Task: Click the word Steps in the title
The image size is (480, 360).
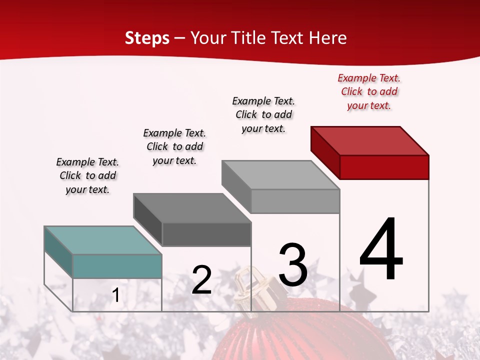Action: (x=147, y=38)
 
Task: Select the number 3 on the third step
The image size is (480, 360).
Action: (x=292, y=264)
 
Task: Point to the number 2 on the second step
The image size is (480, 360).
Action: (x=201, y=280)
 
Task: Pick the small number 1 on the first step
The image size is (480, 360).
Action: (x=116, y=295)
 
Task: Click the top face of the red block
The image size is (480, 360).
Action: (x=370, y=140)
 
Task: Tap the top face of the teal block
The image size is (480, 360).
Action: (x=102, y=240)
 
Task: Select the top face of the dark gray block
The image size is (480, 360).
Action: (x=192, y=208)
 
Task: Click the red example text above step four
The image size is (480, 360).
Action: (x=369, y=91)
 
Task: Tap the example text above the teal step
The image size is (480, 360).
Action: (x=87, y=175)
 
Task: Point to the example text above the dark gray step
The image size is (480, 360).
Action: (x=174, y=146)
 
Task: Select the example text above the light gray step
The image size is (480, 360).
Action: (x=263, y=114)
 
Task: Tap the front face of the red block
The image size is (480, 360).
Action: (x=384, y=167)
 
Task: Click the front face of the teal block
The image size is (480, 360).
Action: (x=117, y=266)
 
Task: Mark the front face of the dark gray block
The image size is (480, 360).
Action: (x=206, y=234)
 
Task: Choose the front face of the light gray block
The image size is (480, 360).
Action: (x=295, y=201)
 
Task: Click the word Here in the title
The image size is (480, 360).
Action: (x=327, y=38)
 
